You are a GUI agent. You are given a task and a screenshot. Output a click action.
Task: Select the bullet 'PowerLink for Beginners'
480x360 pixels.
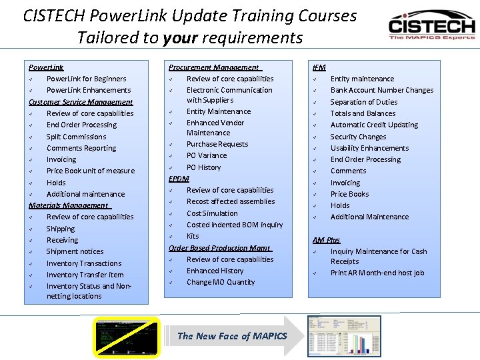click(86, 79)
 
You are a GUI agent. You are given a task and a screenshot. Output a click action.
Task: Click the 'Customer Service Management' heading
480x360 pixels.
click(81, 102)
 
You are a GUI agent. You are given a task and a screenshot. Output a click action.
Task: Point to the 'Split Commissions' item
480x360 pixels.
click(76, 137)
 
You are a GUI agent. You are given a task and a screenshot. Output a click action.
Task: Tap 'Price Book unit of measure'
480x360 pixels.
click(90, 171)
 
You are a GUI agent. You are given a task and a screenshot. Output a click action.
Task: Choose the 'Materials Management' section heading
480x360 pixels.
click(69, 205)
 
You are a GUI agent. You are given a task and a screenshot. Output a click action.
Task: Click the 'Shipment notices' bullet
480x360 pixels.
click(75, 251)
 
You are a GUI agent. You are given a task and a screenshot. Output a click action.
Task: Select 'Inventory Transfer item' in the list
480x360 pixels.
click(85, 275)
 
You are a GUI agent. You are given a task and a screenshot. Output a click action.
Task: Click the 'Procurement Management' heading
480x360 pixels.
click(215, 67)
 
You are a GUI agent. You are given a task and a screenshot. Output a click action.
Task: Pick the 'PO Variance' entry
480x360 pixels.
click(207, 155)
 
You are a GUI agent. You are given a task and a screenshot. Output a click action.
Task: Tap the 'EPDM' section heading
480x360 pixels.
click(179, 179)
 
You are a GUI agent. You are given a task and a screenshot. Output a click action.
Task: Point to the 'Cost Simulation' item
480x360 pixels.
click(212, 213)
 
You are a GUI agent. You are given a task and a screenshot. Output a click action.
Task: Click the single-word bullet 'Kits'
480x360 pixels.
click(193, 236)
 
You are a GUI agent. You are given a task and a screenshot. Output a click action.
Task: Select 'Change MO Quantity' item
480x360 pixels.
click(220, 282)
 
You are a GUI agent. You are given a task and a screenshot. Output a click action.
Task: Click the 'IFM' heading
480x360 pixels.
click(319, 67)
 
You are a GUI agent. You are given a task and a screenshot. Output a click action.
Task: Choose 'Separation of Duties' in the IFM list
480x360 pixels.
click(363, 102)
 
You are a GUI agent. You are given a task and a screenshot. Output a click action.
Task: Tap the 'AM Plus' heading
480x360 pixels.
click(326, 240)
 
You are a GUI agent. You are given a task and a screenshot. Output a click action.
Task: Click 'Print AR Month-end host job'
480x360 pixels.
click(377, 273)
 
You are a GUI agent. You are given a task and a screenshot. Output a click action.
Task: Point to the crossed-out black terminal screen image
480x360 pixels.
click(127, 337)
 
